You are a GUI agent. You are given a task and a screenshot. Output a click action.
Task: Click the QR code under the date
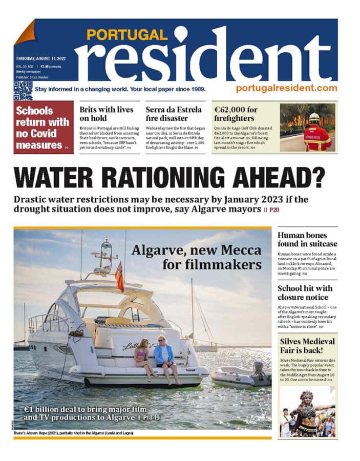[x=23, y=91]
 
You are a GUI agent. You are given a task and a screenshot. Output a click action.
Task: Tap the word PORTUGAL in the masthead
[x=126, y=35]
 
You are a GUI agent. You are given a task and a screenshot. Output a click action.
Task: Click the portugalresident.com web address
[x=286, y=88]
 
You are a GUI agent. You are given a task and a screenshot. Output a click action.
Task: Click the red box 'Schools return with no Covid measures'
[x=43, y=128]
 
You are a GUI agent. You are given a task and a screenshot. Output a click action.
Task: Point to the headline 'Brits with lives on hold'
[x=106, y=114]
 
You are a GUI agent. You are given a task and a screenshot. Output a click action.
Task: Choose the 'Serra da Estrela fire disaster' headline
[x=173, y=114]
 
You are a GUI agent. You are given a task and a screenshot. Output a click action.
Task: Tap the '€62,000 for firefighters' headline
[x=236, y=114]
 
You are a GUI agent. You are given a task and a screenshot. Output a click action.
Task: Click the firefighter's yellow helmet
[x=314, y=118]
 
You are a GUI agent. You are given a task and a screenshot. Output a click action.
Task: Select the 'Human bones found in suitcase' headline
[x=307, y=239]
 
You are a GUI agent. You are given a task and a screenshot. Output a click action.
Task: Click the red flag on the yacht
[x=119, y=277]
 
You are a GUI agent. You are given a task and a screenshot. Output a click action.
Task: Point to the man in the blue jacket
[x=165, y=359]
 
